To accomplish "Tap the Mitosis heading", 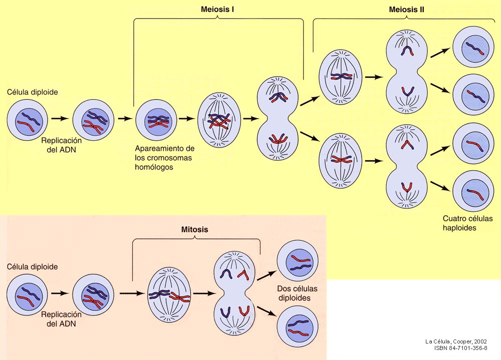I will point(194,230).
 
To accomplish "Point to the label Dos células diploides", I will point(297,293).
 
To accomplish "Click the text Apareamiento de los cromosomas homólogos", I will point(165,158).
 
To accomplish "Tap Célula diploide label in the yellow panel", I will point(32,93).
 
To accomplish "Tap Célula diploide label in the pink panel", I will point(32,267).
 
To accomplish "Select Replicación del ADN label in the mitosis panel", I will point(61,319).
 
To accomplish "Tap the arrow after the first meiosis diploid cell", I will point(60,119).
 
